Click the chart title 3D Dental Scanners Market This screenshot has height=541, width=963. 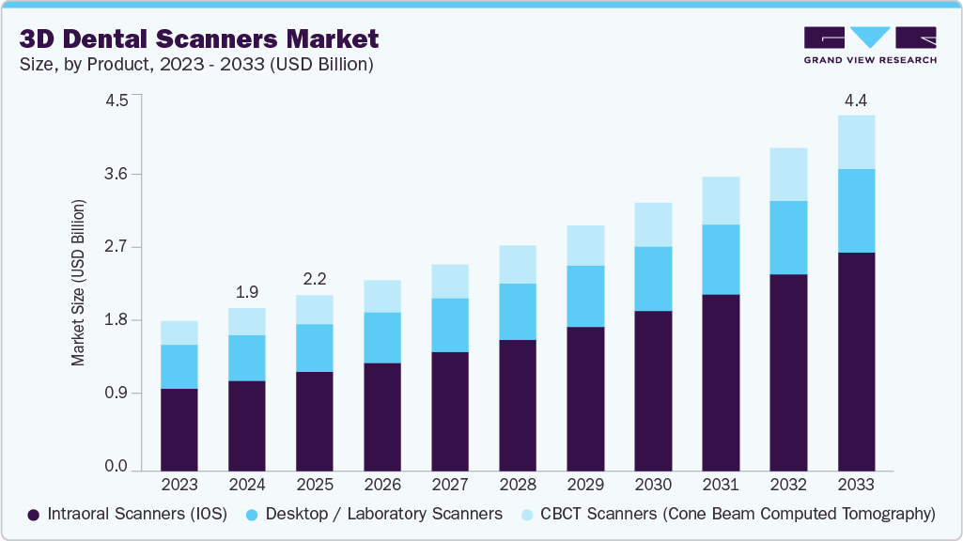198,39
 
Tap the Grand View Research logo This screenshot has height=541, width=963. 870,45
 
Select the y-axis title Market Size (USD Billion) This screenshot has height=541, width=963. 79,283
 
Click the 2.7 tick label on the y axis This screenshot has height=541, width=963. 116,248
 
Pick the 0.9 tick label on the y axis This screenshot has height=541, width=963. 116,394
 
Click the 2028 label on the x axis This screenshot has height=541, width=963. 517,486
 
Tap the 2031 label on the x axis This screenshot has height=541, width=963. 720,486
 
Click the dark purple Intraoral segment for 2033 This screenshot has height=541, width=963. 856,362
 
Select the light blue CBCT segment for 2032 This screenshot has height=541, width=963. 788,174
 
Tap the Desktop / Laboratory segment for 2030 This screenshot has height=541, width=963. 653,279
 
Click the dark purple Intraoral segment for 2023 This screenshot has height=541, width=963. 179,429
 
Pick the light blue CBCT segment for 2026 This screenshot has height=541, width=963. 381,296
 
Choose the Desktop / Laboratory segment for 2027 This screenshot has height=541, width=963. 449,325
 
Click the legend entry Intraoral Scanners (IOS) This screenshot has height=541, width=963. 128,515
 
